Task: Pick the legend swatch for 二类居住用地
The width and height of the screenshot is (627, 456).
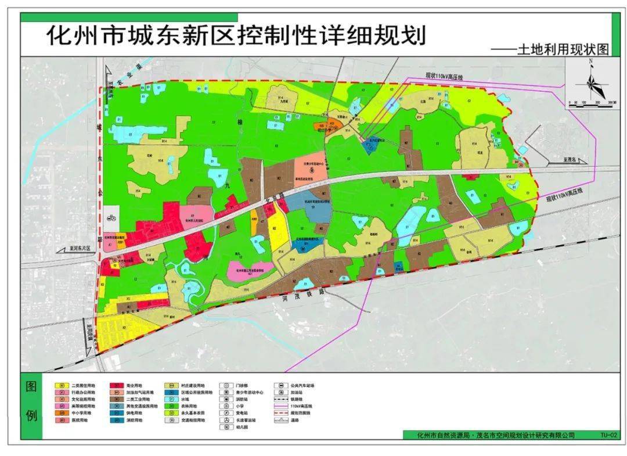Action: [x=60, y=385]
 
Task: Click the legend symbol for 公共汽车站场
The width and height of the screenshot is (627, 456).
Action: [x=282, y=385]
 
